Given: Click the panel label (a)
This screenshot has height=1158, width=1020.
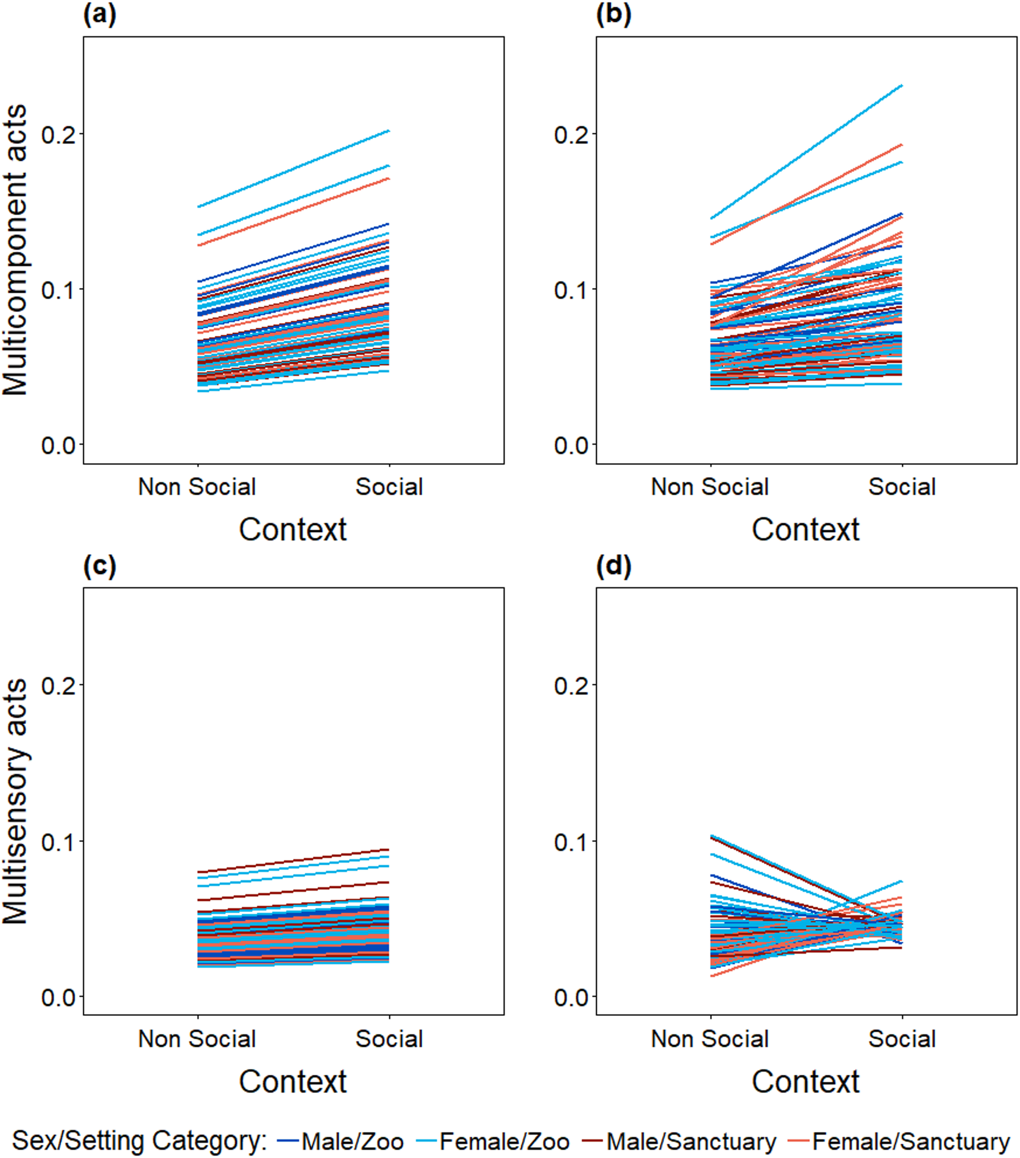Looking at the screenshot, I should click(x=100, y=15).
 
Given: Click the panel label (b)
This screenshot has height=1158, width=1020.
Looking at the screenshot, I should click(x=614, y=15).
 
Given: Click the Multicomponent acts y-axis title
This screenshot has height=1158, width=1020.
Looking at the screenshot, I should click(x=16, y=249).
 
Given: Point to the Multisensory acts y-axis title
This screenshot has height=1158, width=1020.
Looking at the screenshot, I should click(x=16, y=801).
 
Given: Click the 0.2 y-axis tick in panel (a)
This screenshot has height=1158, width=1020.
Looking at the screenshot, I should click(x=58, y=135).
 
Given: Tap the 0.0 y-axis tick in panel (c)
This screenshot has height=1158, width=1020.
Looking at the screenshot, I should click(x=58, y=997).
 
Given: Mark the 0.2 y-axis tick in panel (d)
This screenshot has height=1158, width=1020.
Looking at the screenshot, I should click(x=571, y=686).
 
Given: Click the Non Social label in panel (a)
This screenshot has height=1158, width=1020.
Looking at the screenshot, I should click(x=197, y=487).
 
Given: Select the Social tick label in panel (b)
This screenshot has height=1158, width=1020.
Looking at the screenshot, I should click(x=902, y=487).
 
